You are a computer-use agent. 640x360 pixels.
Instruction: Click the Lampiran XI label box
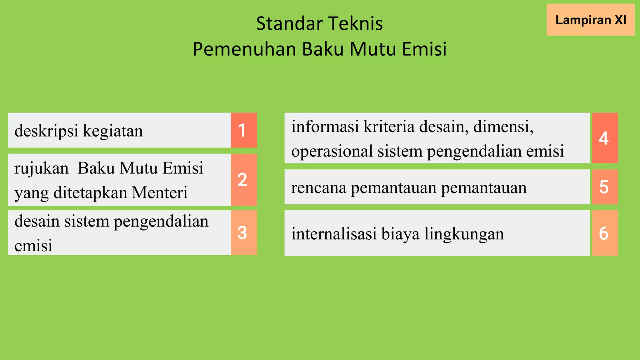click(x=590, y=20)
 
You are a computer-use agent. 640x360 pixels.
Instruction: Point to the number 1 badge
click(x=244, y=130)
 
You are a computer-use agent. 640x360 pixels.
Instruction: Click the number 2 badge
click(x=244, y=180)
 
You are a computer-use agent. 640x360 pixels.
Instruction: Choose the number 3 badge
click(x=244, y=233)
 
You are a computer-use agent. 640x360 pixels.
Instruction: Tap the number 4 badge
click(x=605, y=138)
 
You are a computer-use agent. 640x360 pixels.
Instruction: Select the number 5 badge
click(x=605, y=187)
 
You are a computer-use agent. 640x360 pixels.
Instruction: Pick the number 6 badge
click(x=605, y=233)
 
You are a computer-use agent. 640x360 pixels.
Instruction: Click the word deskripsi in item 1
click(x=46, y=131)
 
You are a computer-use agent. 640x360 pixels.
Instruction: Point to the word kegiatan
click(x=113, y=131)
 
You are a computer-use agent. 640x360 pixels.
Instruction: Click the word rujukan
click(x=41, y=168)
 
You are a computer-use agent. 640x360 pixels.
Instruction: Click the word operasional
click(x=332, y=151)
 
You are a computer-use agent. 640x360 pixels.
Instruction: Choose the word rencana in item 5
click(x=319, y=187)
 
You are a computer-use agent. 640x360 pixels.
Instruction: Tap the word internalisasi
click(x=334, y=234)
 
